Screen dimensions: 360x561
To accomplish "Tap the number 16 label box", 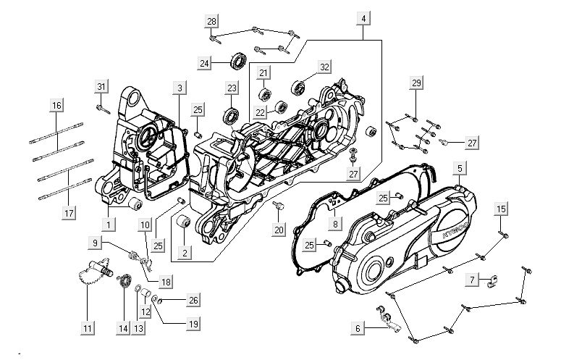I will point(56,106).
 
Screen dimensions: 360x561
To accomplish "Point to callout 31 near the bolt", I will point(101,88).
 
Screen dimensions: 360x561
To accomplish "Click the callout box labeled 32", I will point(324,67).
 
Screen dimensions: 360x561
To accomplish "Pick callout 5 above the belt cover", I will point(459,169).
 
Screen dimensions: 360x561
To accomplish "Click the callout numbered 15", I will point(501,209).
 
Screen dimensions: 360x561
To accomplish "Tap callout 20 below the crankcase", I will point(279,230).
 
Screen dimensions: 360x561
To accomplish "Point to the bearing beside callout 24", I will point(237,61).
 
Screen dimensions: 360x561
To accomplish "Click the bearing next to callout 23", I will point(233,114).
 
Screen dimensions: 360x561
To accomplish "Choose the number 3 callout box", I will point(179,88).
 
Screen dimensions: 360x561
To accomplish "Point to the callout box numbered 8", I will point(335,223).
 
